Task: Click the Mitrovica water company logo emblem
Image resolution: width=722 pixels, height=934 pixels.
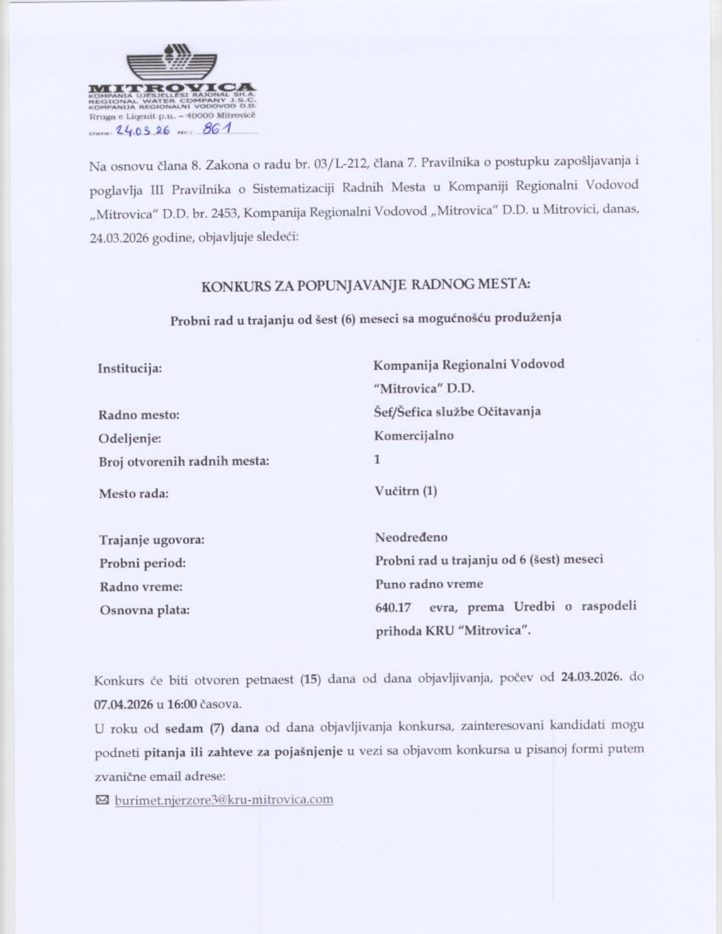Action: click(x=172, y=63)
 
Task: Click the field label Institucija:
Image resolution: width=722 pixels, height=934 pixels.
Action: click(x=130, y=369)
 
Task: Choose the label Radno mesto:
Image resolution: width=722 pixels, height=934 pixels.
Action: click(x=139, y=415)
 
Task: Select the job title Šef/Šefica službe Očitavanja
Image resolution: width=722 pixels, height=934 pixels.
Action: click(x=457, y=412)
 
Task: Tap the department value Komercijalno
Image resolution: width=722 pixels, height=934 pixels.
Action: click(x=414, y=435)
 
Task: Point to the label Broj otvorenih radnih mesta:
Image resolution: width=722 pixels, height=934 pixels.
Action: click(x=184, y=461)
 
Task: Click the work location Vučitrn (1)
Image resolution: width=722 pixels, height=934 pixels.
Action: click(x=405, y=490)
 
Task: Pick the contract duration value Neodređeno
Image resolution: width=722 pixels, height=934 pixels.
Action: click(x=411, y=537)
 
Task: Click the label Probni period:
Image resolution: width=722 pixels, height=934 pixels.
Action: click(x=143, y=563)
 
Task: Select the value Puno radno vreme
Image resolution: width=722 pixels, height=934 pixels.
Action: click(x=429, y=583)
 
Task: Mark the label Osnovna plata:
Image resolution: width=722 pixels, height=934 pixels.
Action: click(x=144, y=610)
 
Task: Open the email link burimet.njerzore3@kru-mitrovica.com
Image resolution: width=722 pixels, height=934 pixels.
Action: click(x=224, y=799)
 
